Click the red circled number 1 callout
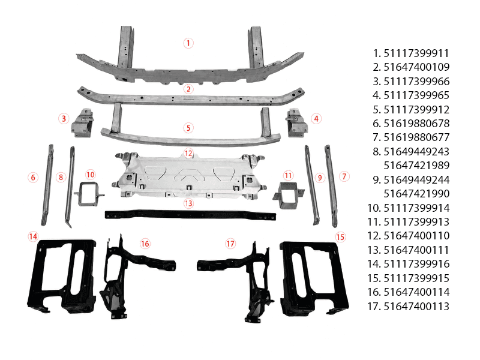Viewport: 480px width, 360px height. coord(188,43)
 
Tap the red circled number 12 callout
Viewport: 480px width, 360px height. coord(188,153)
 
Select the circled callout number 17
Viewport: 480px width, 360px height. coord(230,244)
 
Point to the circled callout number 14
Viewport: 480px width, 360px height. coord(33,236)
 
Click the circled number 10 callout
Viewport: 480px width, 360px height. coord(91,175)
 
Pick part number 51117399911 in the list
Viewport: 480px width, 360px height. coord(416,53)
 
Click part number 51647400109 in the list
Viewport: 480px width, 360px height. coord(416,67)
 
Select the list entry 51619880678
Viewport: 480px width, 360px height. coord(416,124)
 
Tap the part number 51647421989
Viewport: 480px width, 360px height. coord(416,166)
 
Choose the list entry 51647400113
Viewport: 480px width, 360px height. coord(416,306)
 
